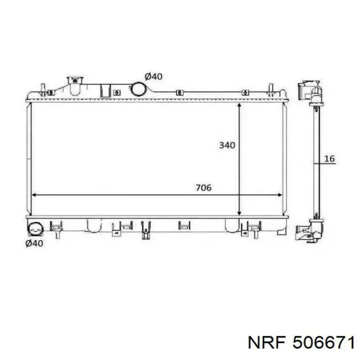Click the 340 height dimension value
click(x=227, y=145)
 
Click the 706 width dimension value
click(x=204, y=188)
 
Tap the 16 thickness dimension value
click(x=330, y=158)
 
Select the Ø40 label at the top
click(x=153, y=77)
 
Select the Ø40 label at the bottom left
click(x=34, y=243)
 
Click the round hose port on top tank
click(x=139, y=88)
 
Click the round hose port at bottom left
click(x=35, y=229)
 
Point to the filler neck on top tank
click(x=75, y=86)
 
